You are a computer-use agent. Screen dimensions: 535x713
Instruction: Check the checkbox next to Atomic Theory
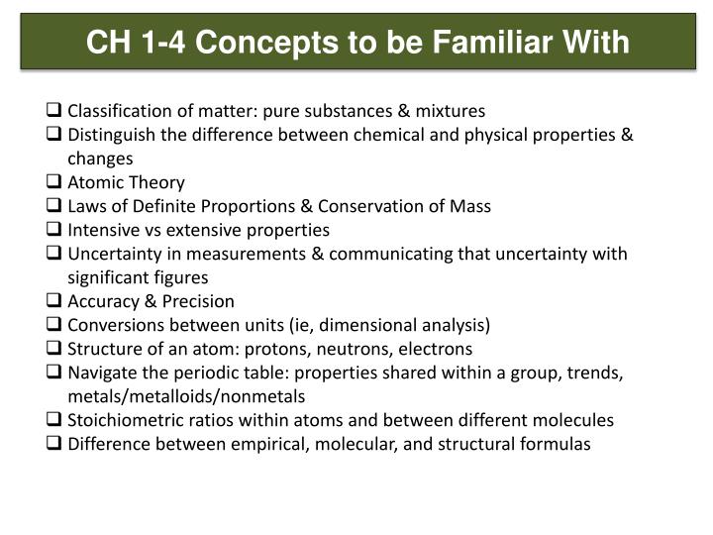coord(55,182)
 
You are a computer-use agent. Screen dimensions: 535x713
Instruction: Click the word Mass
coord(470,206)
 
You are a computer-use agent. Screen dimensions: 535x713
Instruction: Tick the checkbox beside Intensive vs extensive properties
coord(55,230)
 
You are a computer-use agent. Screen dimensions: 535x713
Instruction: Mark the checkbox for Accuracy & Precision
coord(55,301)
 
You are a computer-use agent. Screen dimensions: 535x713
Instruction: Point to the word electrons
coord(437,349)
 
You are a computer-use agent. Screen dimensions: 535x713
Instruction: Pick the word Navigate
coord(101,373)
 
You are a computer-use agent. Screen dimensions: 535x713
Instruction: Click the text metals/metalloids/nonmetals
coord(186,396)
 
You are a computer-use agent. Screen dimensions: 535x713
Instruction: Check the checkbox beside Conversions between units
coord(55,325)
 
